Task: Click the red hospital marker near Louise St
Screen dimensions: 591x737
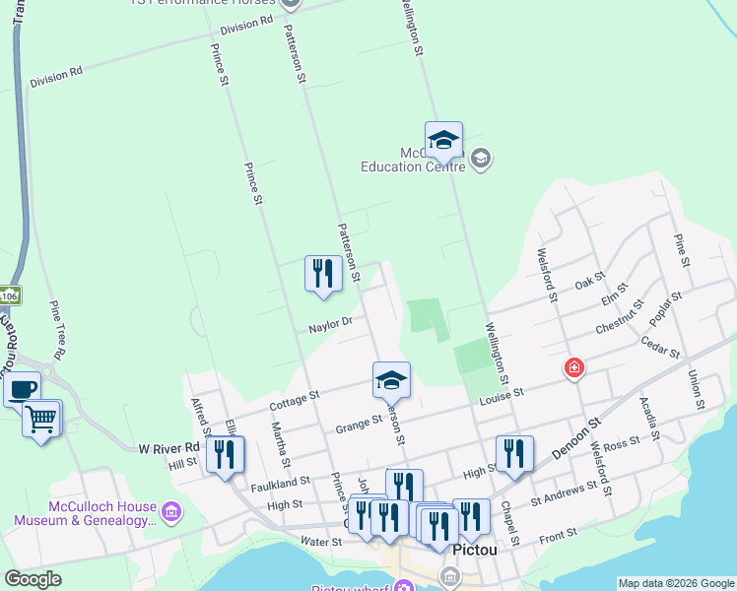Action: click(x=573, y=369)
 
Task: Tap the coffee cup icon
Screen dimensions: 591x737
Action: click(x=22, y=388)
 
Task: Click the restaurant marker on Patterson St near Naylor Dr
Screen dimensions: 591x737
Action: click(x=323, y=273)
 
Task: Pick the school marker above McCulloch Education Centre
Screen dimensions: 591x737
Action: click(x=443, y=140)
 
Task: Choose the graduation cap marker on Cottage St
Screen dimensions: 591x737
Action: click(x=391, y=379)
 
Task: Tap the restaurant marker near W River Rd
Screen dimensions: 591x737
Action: click(x=226, y=455)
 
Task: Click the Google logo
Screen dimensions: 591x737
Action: click(x=33, y=579)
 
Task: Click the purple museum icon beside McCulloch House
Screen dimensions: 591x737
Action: click(x=171, y=511)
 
